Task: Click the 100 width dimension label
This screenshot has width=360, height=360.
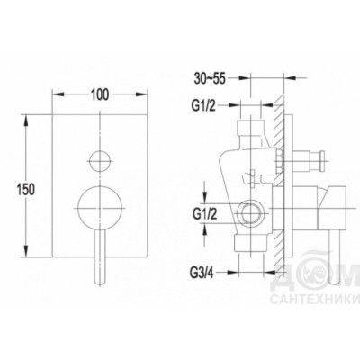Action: (x=100, y=94)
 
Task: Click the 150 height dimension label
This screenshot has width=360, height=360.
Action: (x=26, y=190)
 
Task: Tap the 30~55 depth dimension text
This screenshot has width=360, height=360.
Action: (x=210, y=78)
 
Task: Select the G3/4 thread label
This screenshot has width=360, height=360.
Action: (x=202, y=273)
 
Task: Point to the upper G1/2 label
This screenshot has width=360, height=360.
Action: (x=203, y=105)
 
